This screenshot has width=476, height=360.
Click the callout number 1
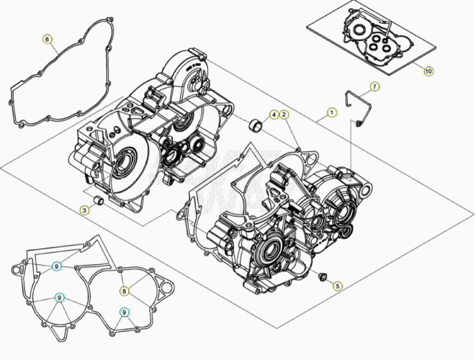tap(331, 112)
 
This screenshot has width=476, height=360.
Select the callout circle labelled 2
tap(284, 114)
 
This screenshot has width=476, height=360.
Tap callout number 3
tap(85, 210)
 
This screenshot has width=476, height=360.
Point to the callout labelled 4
tap(274, 114)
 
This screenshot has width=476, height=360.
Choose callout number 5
tap(338, 286)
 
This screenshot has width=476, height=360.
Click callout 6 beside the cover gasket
tap(47, 40)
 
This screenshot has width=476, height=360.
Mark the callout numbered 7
tap(374, 87)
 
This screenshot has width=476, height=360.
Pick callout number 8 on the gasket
tap(124, 292)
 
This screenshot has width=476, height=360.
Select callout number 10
tap(428, 71)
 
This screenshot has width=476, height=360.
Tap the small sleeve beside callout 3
tap(98, 201)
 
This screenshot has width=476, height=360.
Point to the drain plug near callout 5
tap(322, 277)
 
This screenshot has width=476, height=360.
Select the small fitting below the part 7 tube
tap(358, 123)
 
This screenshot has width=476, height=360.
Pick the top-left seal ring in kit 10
tap(360, 30)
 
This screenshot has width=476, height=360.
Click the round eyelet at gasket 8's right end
tap(166, 287)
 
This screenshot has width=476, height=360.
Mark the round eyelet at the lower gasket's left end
tap(17, 269)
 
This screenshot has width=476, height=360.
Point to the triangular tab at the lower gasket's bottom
tap(59, 332)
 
